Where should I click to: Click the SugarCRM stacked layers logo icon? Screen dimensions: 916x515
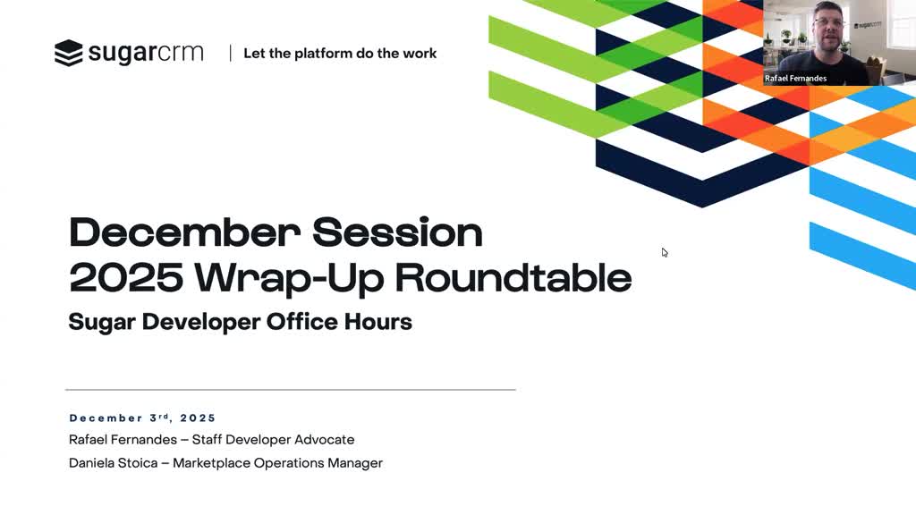pos(68,53)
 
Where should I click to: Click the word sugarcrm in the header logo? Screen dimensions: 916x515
pos(146,53)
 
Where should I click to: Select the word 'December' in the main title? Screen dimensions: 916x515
pos(184,232)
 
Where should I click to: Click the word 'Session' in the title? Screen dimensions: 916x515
pos(397,232)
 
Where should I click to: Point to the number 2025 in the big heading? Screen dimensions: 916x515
pos(125,277)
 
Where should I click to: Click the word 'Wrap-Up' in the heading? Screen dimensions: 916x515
pos(289,278)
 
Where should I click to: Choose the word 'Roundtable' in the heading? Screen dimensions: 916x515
pos(513,277)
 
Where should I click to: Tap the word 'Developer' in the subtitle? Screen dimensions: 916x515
pos(201,322)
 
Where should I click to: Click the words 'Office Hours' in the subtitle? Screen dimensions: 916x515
pos(339,322)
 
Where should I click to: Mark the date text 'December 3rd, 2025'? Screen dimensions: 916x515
pos(142,418)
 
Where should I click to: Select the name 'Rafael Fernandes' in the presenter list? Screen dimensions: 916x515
pos(123,440)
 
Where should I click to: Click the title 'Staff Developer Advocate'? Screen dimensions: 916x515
pos(273,440)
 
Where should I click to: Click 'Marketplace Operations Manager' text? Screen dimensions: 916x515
pos(277,463)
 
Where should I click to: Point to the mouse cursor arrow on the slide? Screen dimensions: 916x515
pos(665,252)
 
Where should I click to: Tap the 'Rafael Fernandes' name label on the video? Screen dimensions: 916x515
pos(795,79)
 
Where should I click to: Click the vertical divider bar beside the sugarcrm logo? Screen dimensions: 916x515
pos(230,53)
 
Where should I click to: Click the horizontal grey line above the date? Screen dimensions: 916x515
pos(291,390)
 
